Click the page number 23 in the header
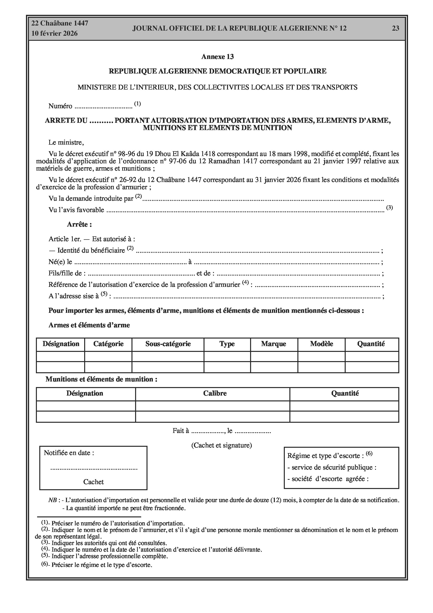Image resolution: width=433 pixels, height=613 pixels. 395,28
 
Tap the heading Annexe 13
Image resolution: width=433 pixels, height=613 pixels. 217,57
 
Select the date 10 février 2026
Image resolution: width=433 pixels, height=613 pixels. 55,33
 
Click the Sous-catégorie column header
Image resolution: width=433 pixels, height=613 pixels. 168,344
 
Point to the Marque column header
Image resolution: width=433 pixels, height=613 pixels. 274,344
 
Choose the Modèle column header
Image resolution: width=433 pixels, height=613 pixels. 321,344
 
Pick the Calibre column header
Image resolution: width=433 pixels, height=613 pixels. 215,393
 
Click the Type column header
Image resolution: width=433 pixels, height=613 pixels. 227,344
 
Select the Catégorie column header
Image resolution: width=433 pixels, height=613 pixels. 108,344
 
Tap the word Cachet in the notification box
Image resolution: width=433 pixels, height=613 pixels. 93,482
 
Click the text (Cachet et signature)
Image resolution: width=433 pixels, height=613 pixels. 221,445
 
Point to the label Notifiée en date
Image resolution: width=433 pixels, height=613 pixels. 69,453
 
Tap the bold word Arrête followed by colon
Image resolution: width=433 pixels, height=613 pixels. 79,224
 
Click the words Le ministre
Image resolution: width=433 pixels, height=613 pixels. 66,142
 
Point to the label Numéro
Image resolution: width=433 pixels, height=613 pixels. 60,106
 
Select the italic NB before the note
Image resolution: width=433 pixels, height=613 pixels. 52,500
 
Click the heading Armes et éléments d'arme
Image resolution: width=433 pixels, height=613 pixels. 89,325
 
